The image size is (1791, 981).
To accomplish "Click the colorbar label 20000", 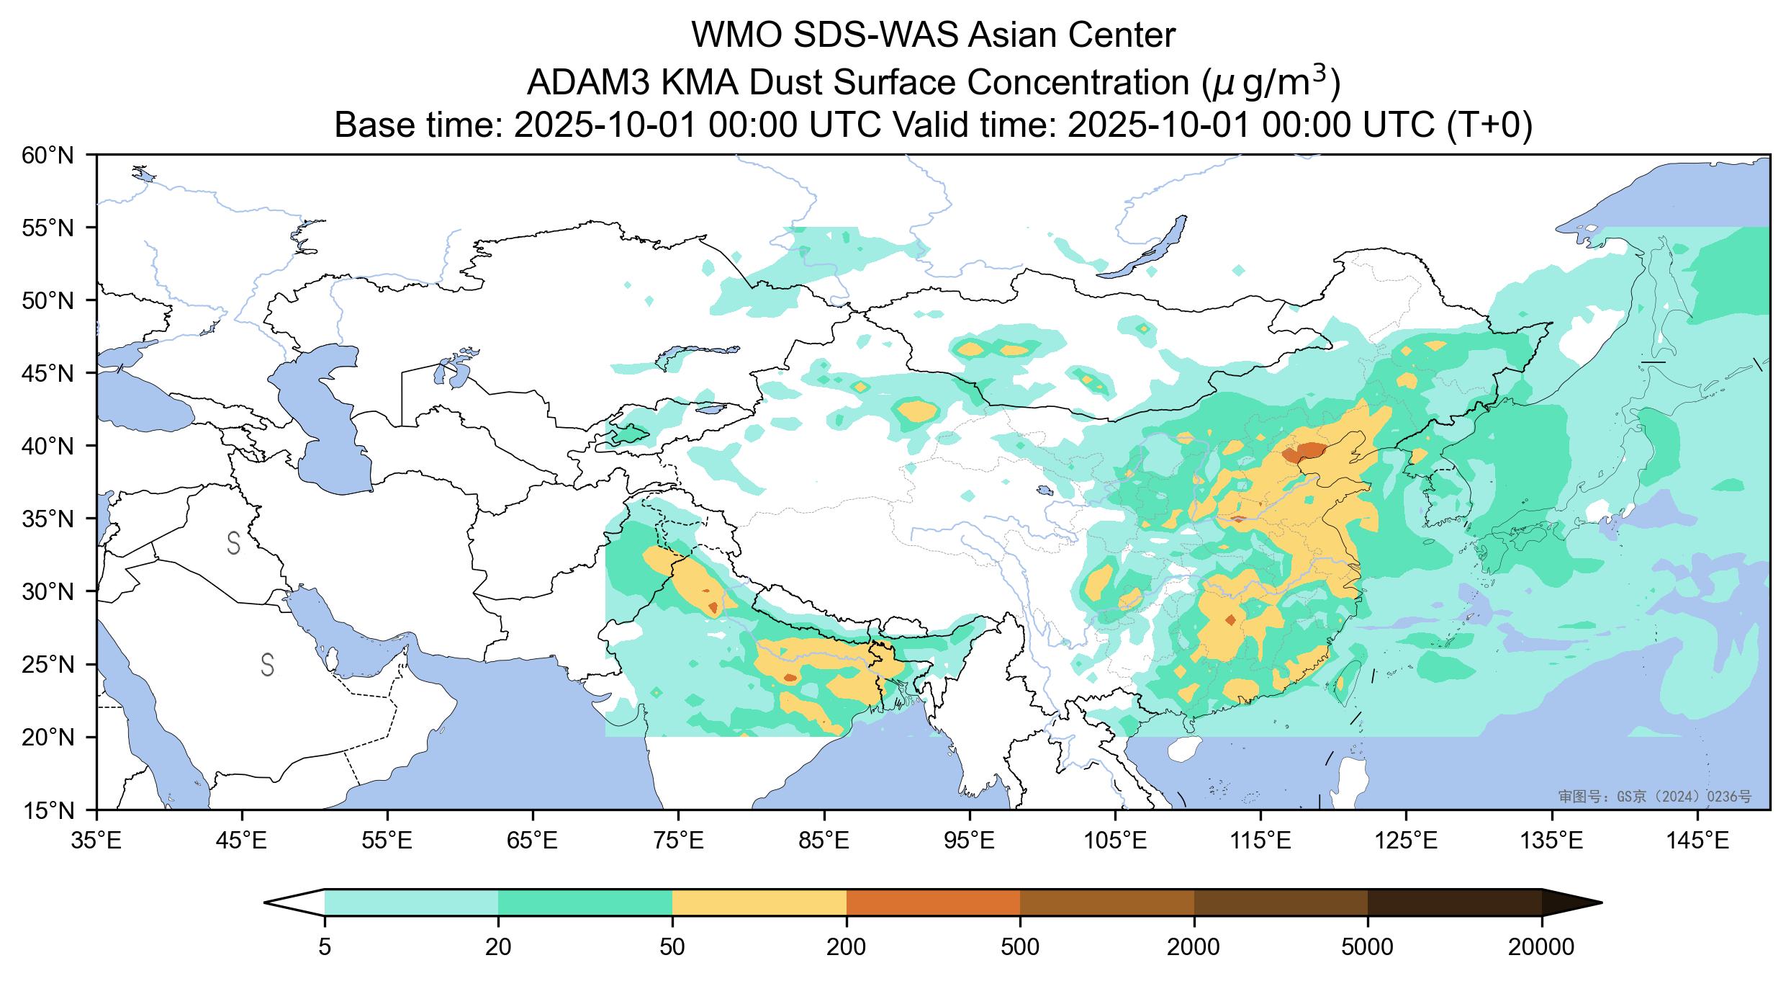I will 1541,947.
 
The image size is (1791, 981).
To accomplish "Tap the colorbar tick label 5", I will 325,947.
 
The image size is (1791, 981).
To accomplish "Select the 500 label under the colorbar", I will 1020,947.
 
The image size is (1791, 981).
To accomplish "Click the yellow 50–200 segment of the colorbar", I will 759,902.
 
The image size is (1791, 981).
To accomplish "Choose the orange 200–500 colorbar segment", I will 933,902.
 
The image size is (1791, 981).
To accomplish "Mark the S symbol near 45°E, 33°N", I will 233,543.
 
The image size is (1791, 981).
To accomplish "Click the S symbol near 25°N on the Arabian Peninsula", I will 267,665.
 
